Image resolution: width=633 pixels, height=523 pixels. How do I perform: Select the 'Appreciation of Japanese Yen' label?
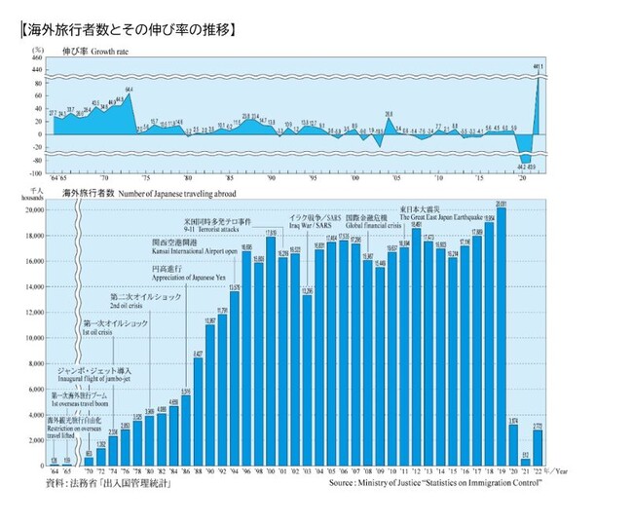183,275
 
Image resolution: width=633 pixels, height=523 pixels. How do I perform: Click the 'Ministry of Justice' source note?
428,483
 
